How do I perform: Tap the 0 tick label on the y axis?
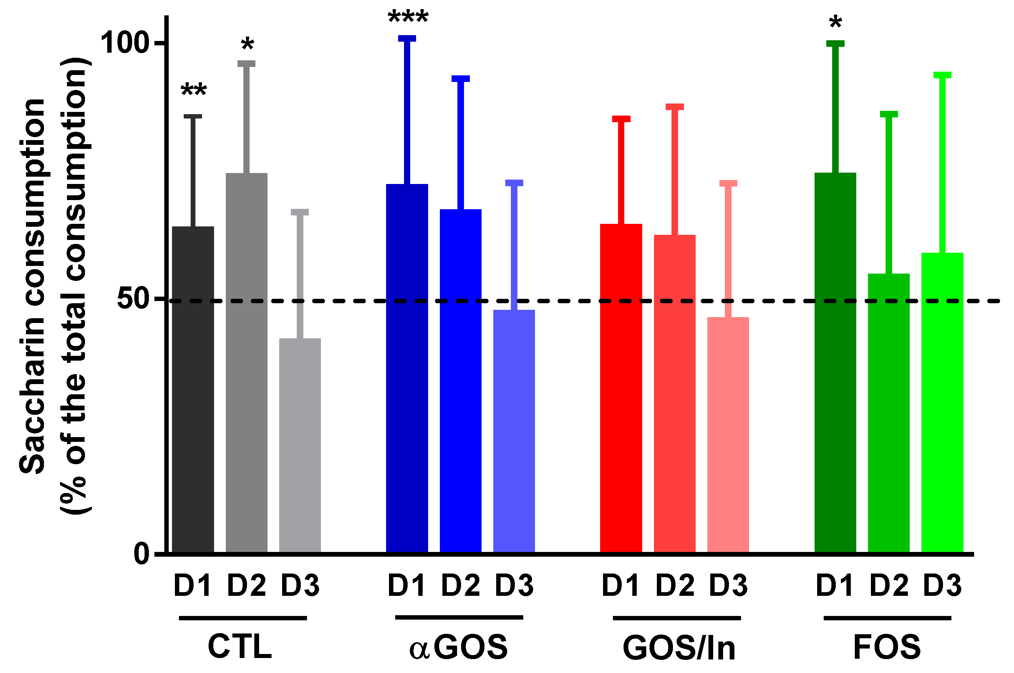[x=142, y=554]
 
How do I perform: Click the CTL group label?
[x=240, y=647]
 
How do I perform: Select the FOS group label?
[x=887, y=647]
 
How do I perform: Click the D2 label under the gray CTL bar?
[x=246, y=586]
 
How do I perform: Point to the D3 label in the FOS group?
[x=942, y=586]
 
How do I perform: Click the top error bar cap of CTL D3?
[x=300, y=212]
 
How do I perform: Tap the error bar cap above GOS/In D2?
[x=674, y=107]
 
